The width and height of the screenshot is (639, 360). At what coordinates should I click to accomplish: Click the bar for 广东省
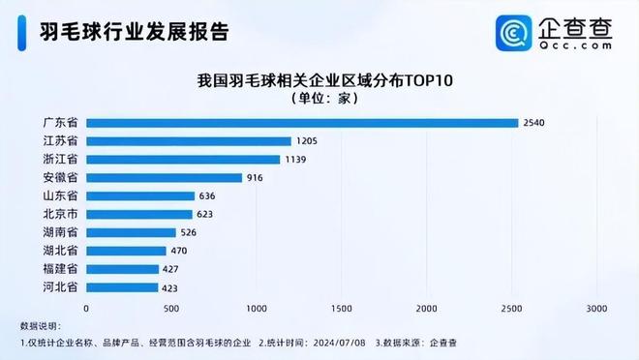(x=302, y=123)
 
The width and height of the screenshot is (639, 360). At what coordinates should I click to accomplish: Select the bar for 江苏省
(x=189, y=141)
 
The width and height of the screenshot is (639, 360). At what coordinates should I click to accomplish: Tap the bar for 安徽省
(x=165, y=177)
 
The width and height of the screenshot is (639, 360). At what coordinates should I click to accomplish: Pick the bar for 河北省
(x=122, y=287)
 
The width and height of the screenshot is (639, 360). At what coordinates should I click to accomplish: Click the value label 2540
(x=534, y=123)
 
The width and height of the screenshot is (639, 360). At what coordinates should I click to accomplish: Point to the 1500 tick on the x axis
(x=342, y=308)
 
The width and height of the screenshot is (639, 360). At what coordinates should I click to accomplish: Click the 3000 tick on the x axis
(x=596, y=308)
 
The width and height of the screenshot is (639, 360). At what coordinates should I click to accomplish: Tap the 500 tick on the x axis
(x=171, y=308)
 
